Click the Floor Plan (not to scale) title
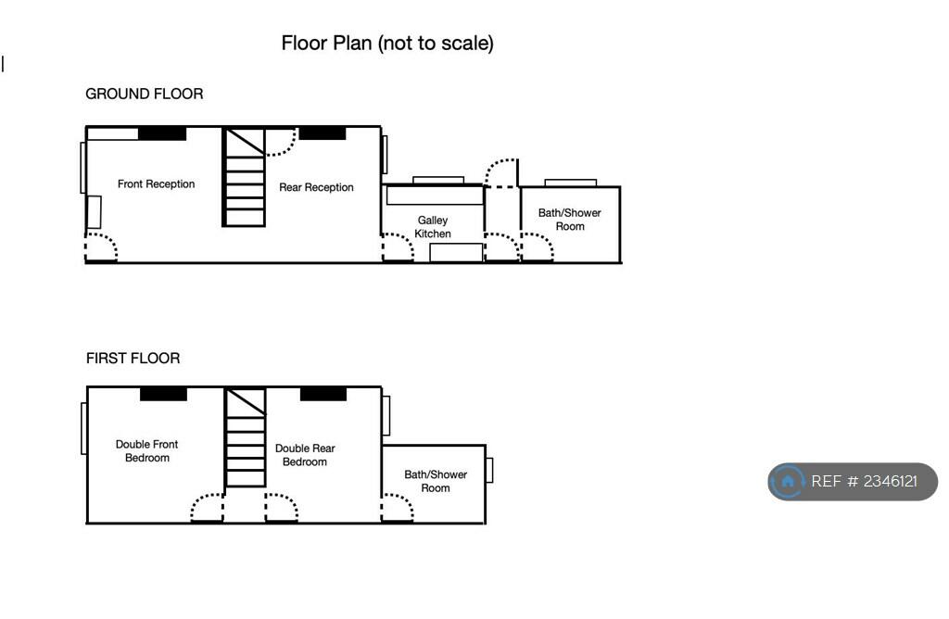[x=387, y=44]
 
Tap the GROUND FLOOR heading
[x=144, y=94]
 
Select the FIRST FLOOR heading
[x=133, y=359]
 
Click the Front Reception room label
[x=156, y=184]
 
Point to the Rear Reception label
[x=316, y=187]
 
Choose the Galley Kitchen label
[x=433, y=227]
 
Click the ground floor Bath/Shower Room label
[x=570, y=220]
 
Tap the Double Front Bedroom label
[x=147, y=450]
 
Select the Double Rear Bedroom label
[x=305, y=455]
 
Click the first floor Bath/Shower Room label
[x=436, y=481]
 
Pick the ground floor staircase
[x=244, y=177]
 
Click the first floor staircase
[x=245, y=436]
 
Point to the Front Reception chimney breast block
[x=162, y=133]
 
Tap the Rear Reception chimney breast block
[x=323, y=133]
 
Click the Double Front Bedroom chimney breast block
[x=163, y=394]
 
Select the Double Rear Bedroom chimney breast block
[x=323, y=394]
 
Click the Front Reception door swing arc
[x=101, y=247]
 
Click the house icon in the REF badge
[x=788, y=482]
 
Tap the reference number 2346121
[x=891, y=482]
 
